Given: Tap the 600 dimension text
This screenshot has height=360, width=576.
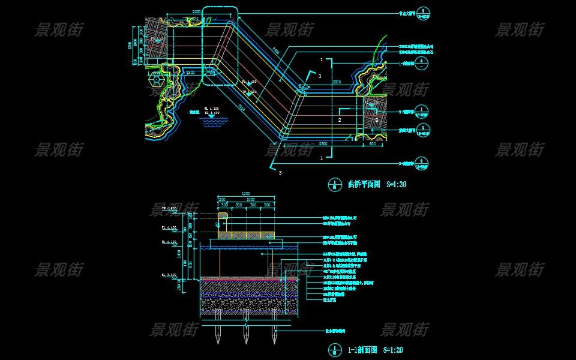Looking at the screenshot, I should (x=372, y=144).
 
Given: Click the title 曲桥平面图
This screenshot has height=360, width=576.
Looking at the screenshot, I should (x=364, y=185).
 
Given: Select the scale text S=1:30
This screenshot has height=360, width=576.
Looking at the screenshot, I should (x=395, y=185).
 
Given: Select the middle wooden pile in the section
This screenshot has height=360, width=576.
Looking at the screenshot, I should (x=245, y=332).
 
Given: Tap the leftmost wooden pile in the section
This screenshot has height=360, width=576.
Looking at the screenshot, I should (x=217, y=332).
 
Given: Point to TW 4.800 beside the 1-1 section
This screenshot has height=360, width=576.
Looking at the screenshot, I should (x=169, y=208).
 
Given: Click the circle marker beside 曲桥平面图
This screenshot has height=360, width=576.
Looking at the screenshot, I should (x=334, y=185).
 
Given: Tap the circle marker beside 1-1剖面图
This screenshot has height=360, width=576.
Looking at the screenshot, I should (x=334, y=350).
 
